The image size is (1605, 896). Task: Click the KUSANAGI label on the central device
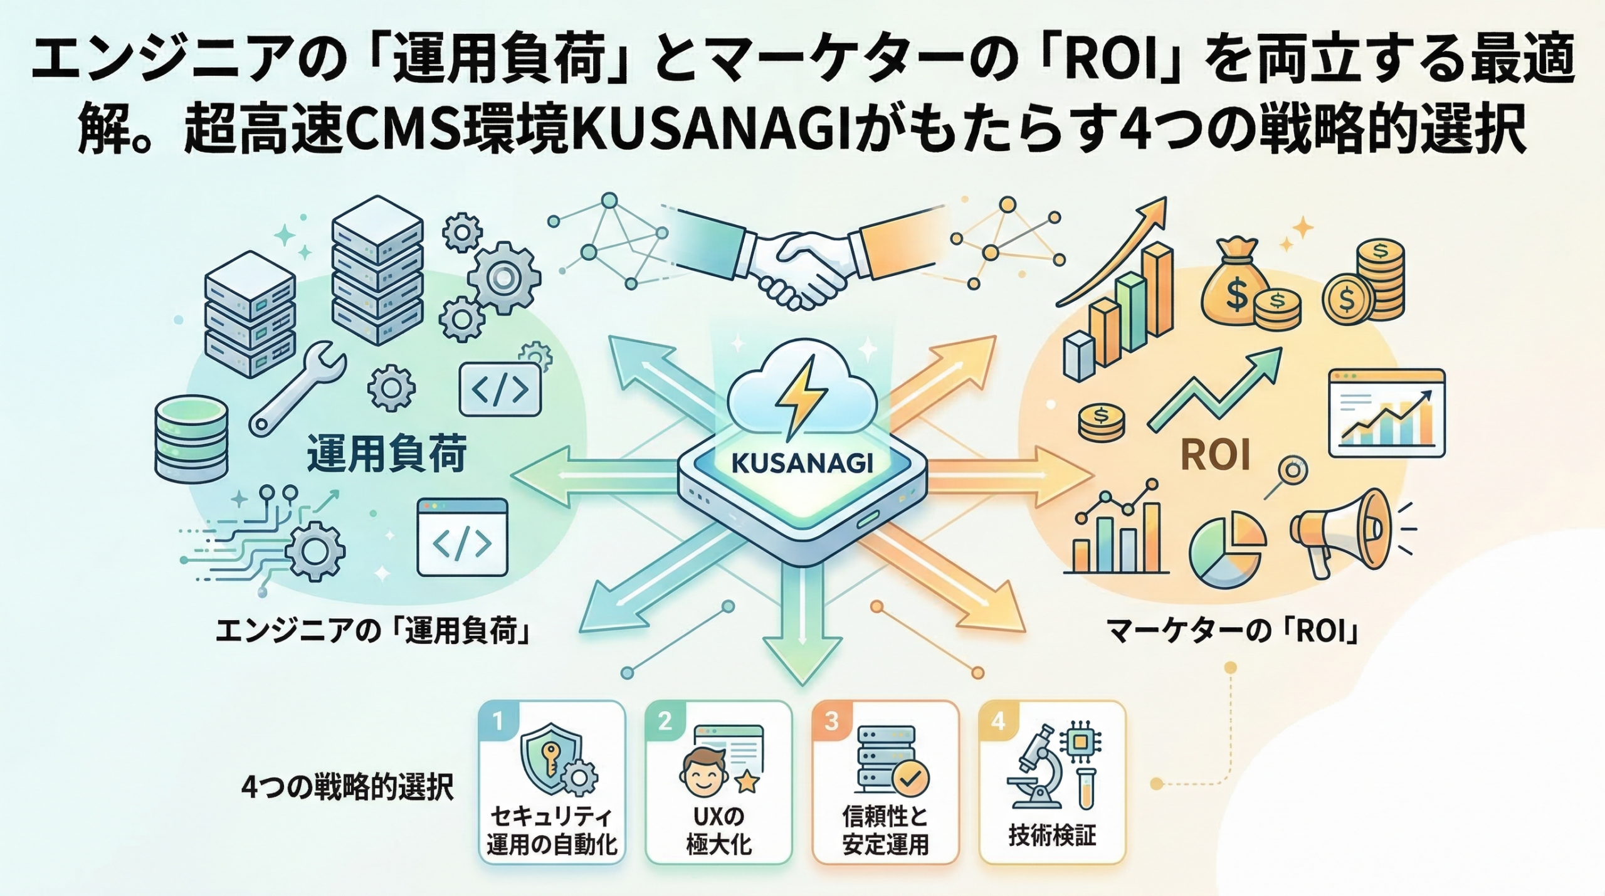tap(802, 463)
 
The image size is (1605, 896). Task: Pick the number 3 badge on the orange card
tap(831, 720)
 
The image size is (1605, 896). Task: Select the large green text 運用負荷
tap(387, 455)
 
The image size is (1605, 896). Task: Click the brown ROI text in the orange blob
tap(1215, 455)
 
